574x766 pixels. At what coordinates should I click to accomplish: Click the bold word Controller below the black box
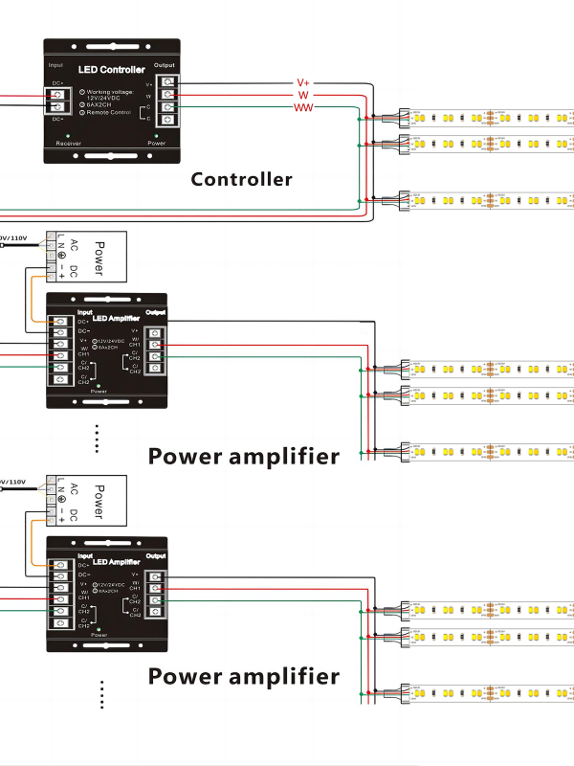241,179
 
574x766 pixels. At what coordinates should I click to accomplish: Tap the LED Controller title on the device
110,70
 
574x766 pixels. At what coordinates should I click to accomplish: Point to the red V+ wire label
302,83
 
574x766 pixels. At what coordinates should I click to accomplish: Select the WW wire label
302,108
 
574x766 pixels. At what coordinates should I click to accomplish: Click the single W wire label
302,96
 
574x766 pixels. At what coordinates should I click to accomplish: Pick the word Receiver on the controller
68,143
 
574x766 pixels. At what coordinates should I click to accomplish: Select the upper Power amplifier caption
243,456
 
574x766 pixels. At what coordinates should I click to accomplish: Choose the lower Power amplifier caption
243,676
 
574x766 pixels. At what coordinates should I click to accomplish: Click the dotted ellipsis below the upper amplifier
98,437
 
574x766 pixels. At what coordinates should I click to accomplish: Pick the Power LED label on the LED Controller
157,143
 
